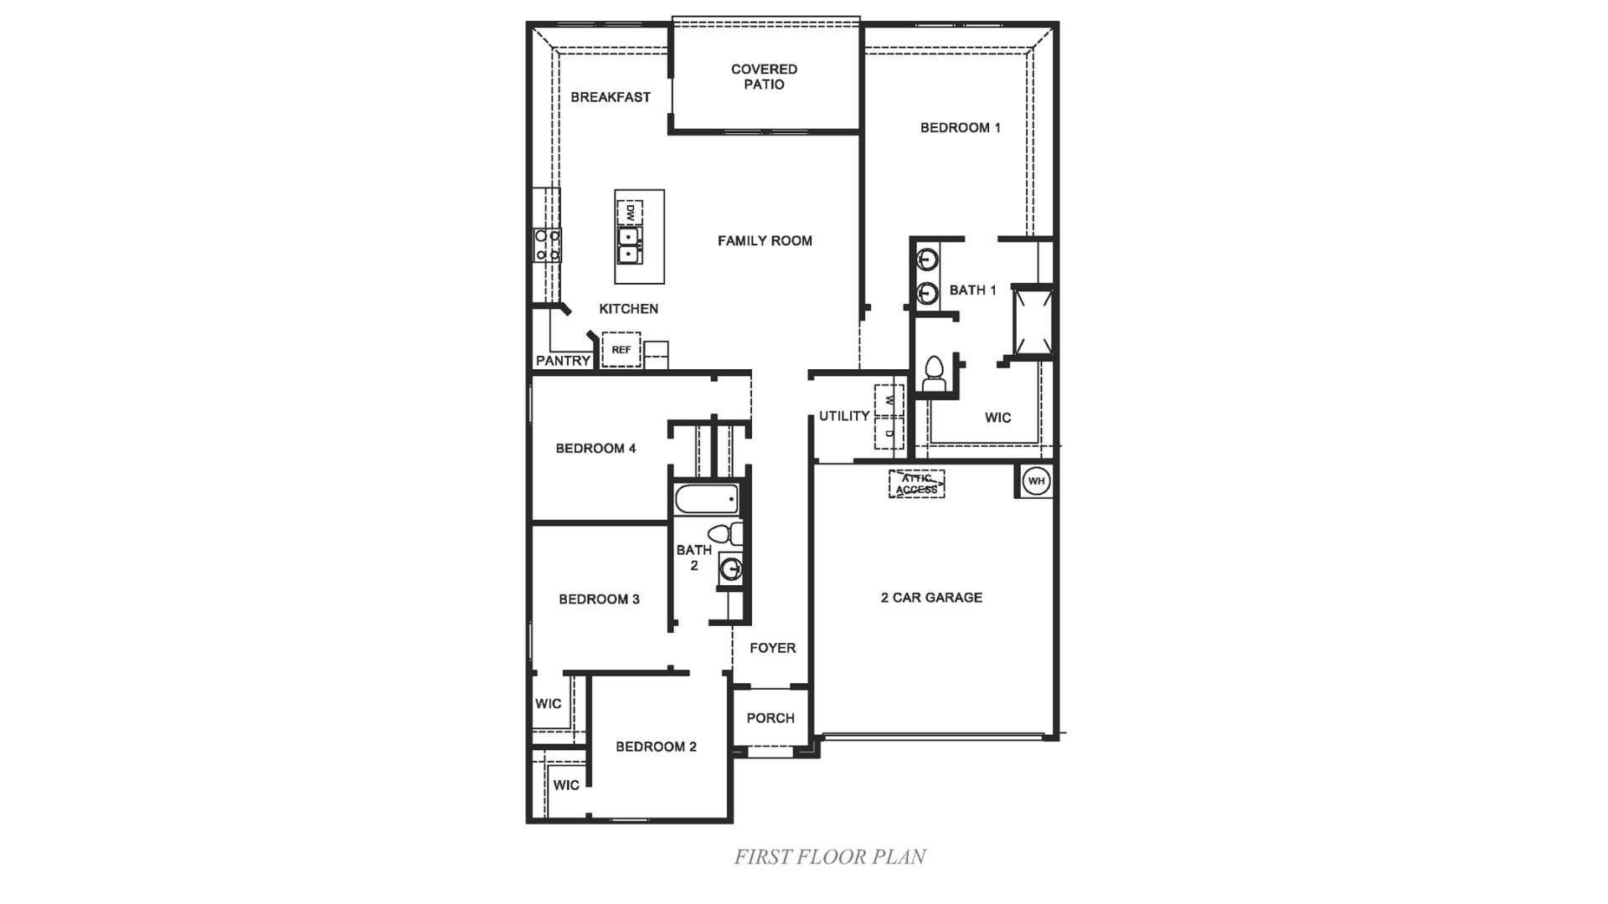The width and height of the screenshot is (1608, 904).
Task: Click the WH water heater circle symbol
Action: coord(1037,481)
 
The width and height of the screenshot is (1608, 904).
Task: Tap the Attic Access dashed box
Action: coord(916,484)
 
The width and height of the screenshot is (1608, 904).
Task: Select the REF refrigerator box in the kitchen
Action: coord(621,350)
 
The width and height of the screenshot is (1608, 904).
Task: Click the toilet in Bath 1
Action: coord(933,373)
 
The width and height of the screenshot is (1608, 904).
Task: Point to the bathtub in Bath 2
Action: coord(706,500)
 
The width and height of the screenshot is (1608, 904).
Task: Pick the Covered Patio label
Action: coord(764,77)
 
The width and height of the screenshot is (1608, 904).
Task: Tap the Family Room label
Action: coord(765,241)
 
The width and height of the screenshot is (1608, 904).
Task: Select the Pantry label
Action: coord(563,361)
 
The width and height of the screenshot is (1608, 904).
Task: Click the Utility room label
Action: coord(843,416)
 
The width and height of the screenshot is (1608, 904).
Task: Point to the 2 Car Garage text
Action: coord(931,598)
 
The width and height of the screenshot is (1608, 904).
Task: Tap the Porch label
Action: coord(770,718)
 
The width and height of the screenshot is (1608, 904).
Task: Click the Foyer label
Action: coord(772,648)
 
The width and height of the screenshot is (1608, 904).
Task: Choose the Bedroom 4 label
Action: coord(595,449)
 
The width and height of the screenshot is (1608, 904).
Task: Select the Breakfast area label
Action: coord(611,97)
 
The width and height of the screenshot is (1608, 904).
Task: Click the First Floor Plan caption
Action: coord(829,857)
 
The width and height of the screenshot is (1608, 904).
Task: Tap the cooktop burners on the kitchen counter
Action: coord(548,245)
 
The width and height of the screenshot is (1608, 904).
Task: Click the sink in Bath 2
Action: coord(731,570)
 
